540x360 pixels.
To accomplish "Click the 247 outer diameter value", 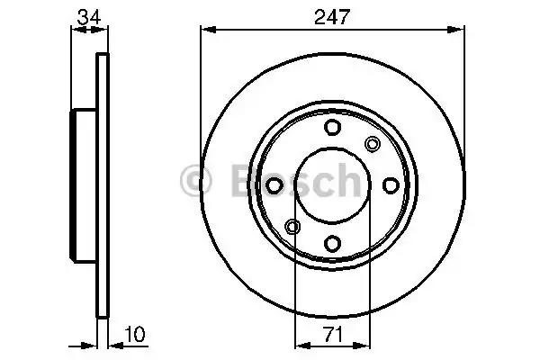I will [x=332, y=16].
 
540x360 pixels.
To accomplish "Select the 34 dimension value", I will [x=88, y=16].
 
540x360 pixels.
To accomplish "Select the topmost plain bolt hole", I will [x=332, y=127].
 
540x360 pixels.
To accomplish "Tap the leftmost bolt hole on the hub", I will [x=274, y=184].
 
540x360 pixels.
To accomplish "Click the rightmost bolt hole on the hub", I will [x=390, y=184].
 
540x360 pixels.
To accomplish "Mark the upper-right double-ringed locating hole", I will [x=373, y=143].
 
